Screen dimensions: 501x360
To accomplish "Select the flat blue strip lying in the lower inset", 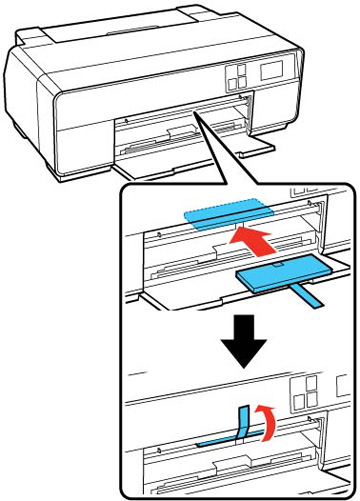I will coord(215,438).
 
